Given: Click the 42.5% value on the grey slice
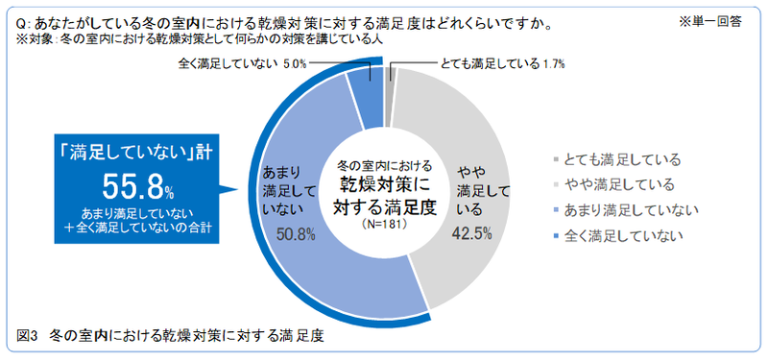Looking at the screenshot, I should click(x=472, y=232).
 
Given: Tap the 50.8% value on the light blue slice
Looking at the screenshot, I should click(x=296, y=233).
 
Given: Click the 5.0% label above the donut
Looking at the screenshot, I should click(x=295, y=64).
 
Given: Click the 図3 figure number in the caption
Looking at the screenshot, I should click(x=27, y=336).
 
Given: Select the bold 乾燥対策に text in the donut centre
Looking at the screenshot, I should click(x=384, y=184).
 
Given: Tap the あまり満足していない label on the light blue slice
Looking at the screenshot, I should click(x=285, y=190).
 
